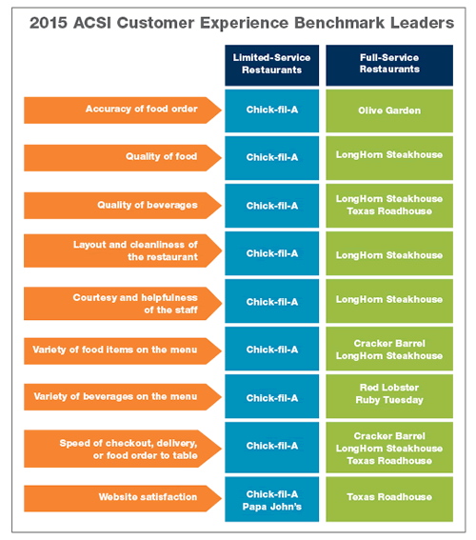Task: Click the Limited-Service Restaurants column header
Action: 271,65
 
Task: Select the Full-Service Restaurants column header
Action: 388,65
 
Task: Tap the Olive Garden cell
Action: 388,110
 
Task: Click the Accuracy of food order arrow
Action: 122,110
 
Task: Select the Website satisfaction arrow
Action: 122,497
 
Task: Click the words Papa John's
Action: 271,504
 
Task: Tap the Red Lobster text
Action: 388,390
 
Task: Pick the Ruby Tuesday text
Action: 388,403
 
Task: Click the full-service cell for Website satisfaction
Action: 388,497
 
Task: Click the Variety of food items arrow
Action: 122,350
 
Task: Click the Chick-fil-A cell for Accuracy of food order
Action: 271,110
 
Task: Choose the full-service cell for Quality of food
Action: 388,157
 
